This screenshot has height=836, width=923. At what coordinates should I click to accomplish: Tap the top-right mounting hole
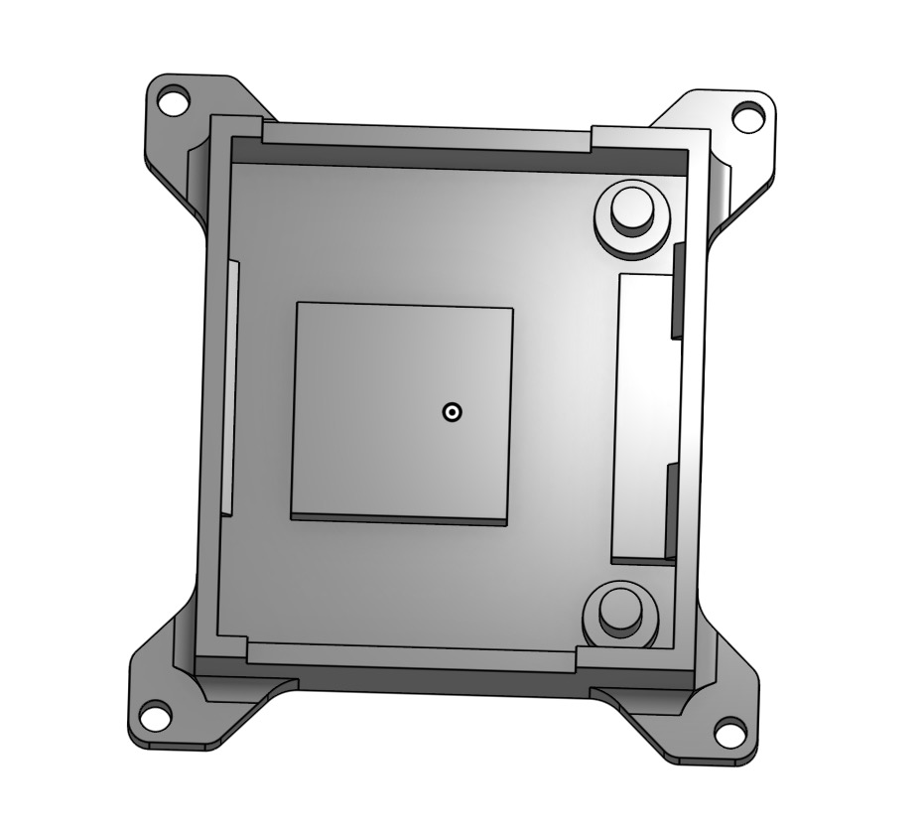coord(746,116)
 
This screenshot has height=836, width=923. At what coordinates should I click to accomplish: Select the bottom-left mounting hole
coord(155,713)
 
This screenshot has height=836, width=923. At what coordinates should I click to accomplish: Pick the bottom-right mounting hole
coord(730,733)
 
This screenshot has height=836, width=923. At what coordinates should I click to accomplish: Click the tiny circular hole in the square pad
coord(452,412)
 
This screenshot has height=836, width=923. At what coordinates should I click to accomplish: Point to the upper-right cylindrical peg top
coord(630,208)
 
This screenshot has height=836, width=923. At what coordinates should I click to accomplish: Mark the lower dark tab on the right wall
coord(671,511)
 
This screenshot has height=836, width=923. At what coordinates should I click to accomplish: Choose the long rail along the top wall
coord(427,137)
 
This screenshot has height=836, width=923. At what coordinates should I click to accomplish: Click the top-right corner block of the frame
coord(650,140)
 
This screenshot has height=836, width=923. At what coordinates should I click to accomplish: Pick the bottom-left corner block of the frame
coord(220,649)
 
